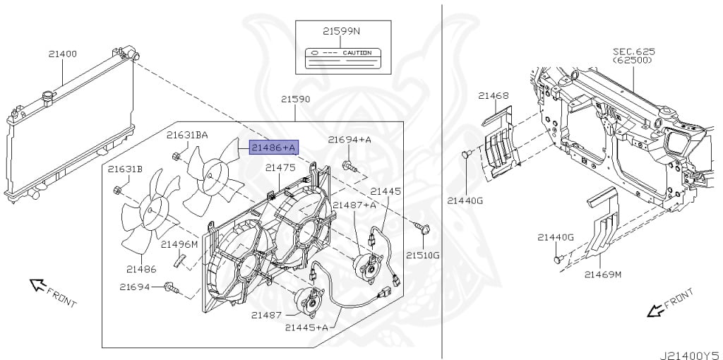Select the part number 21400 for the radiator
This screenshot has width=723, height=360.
[x=63, y=54]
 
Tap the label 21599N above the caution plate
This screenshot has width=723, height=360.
[x=341, y=31]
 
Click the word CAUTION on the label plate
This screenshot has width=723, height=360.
[x=357, y=53]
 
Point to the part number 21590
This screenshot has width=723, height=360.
[x=296, y=100]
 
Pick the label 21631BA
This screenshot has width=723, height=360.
[x=187, y=134]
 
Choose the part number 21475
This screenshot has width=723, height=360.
[x=280, y=167]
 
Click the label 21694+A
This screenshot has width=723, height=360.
[x=349, y=140]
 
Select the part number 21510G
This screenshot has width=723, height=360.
[x=422, y=255]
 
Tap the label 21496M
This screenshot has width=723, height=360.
[x=179, y=244]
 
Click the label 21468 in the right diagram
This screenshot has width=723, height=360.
[x=493, y=95]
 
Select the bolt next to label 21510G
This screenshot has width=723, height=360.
[x=424, y=228]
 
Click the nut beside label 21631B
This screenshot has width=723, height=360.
[x=118, y=190]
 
